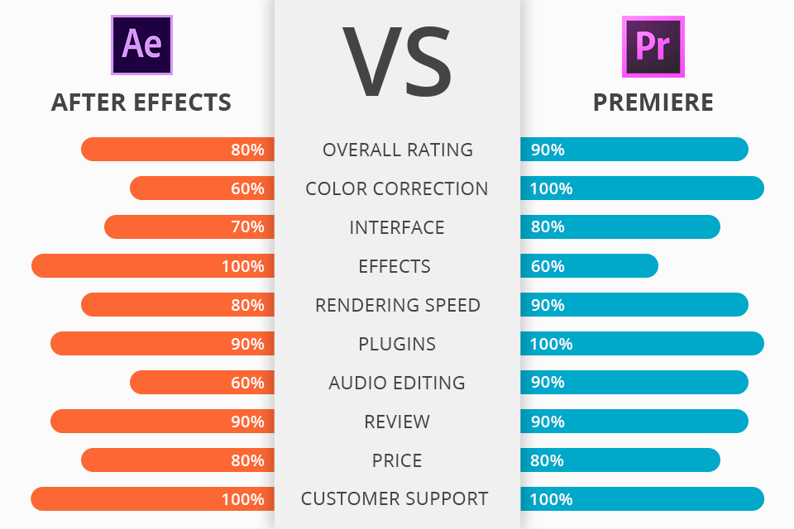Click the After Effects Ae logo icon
(141, 44)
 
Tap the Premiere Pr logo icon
(653, 44)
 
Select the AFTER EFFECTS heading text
(141, 102)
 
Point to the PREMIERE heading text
(653, 102)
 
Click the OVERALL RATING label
(398, 150)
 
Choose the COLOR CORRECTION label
(397, 188)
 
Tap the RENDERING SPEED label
(398, 305)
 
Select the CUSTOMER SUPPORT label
(395, 499)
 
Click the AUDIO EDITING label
(397, 383)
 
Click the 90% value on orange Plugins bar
(247, 344)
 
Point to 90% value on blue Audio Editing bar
(548, 383)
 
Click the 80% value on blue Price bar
(548, 460)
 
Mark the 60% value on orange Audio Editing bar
(247, 383)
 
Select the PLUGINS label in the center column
(397, 344)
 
